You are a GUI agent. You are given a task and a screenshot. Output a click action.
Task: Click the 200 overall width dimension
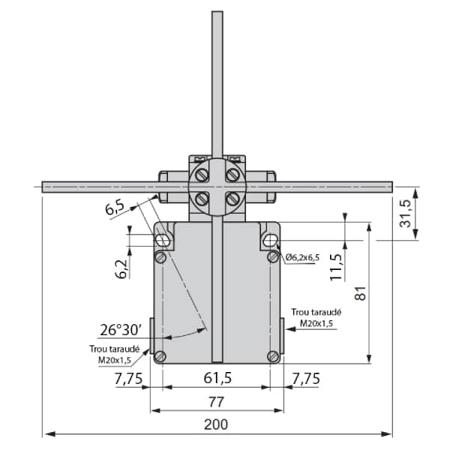[x=216, y=424]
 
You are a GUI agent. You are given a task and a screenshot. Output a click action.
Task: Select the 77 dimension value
[x=216, y=402]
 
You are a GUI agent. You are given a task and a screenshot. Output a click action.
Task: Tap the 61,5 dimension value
[x=217, y=378]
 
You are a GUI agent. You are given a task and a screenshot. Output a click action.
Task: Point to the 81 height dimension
[x=361, y=293]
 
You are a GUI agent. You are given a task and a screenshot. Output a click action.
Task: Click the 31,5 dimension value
[x=406, y=213]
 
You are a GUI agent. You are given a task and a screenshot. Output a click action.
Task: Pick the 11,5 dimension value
[x=336, y=267]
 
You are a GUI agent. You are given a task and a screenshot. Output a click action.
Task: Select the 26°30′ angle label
[x=121, y=330]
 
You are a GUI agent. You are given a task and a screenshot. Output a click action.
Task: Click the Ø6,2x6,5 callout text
[x=302, y=257]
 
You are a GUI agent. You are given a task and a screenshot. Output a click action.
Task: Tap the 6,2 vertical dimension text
[x=121, y=269]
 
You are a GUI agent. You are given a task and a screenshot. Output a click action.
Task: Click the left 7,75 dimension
[x=128, y=379]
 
